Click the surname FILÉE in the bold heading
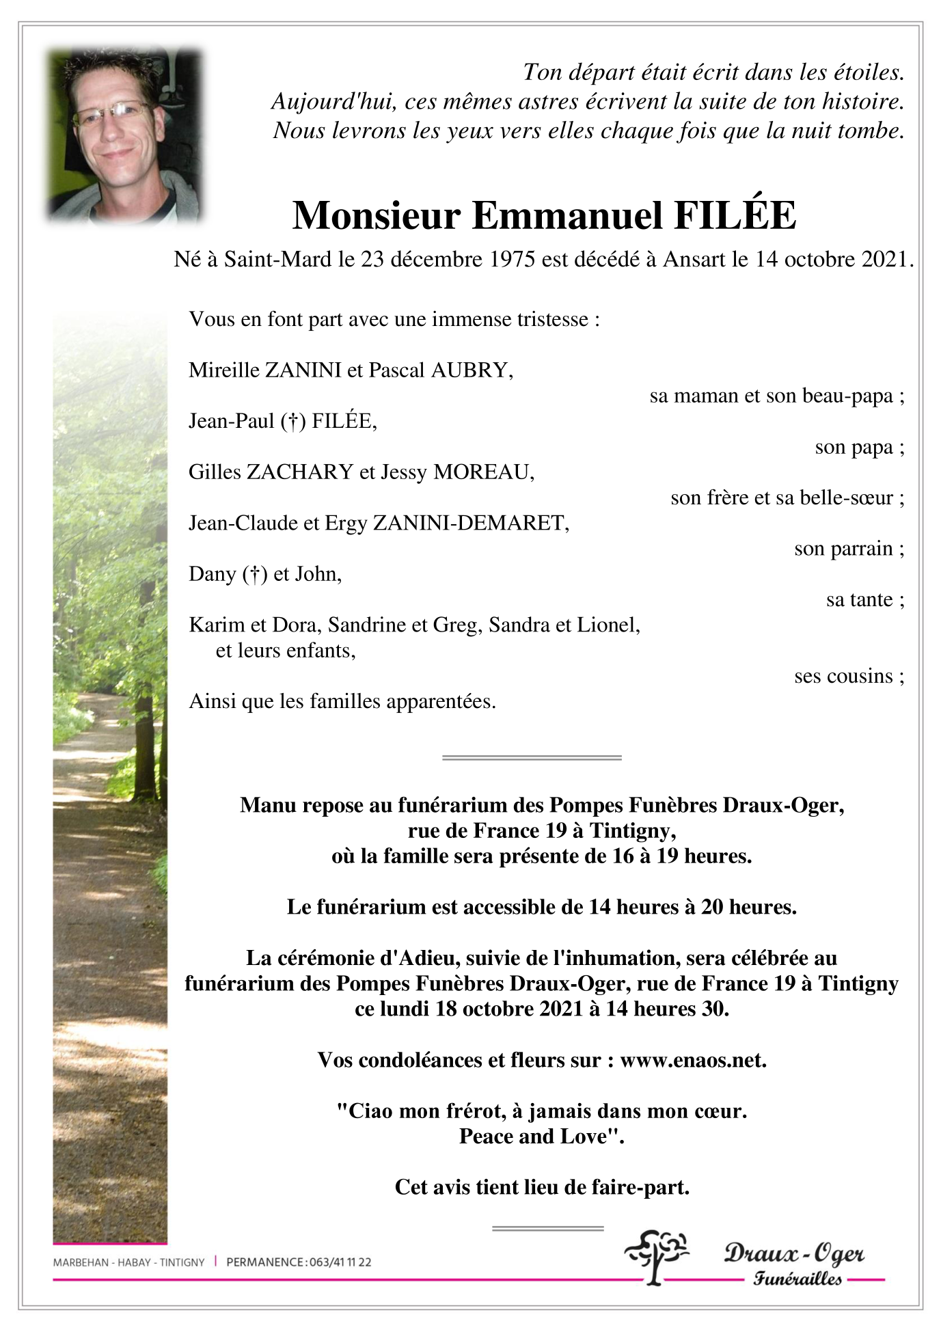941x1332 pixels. point(735,215)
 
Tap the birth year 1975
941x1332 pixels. point(512,260)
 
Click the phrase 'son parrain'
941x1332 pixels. point(843,549)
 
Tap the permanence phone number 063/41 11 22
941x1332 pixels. point(340,1262)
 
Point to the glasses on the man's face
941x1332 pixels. point(113,113)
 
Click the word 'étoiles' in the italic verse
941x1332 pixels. point(867,72)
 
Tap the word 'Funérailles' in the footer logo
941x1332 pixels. point(797,1279)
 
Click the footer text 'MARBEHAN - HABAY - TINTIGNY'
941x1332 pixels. point(128,1262)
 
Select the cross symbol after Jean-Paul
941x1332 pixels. point(293,422)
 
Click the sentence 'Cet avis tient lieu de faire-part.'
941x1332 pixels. point(542,1187)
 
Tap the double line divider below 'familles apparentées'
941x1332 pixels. point(532,757)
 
